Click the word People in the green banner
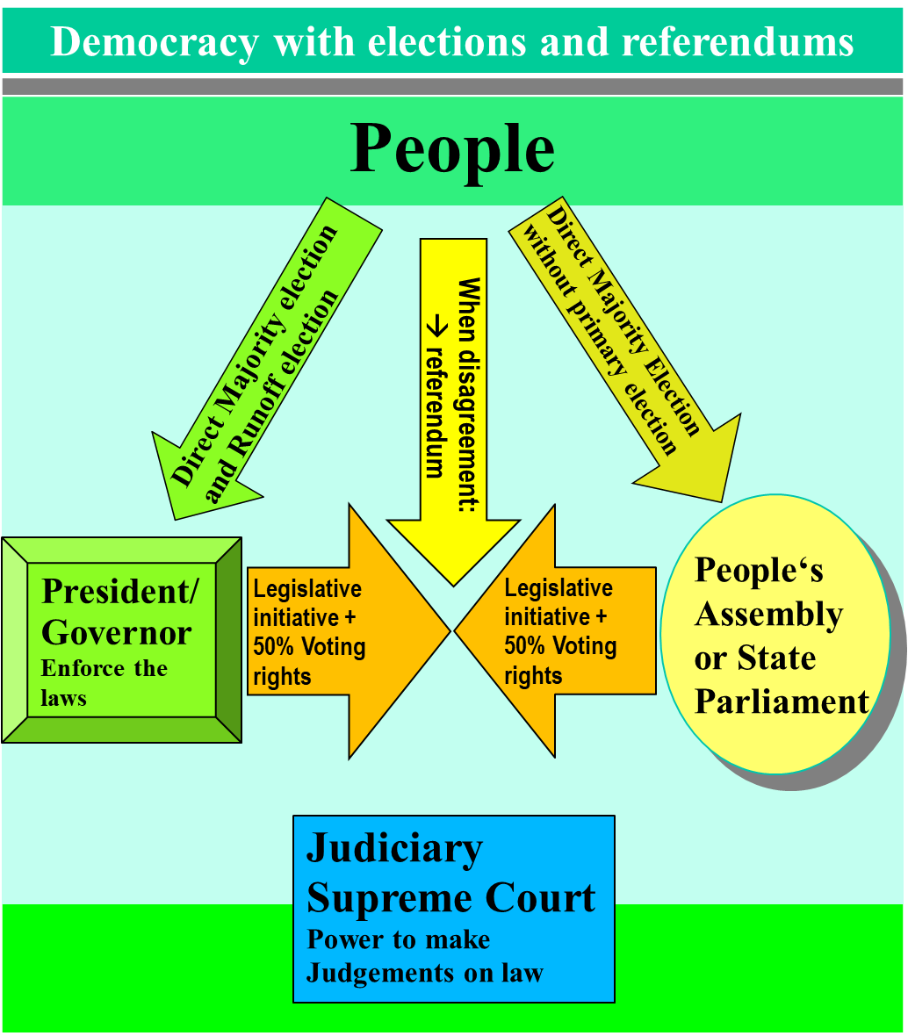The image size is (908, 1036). click(452, 149)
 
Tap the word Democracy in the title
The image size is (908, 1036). click(154, 41)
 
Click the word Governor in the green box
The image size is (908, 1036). click(117, 632)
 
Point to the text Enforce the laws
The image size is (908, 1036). click(104, 683)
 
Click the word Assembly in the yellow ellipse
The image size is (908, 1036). click(768, 615)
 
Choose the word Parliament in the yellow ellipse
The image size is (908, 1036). click(782, 701)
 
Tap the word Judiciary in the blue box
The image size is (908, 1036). click(394, 849)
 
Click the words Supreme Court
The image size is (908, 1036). click(450, 898)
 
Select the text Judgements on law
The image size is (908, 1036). click(424, 973)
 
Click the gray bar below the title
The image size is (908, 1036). click(452, 86)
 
